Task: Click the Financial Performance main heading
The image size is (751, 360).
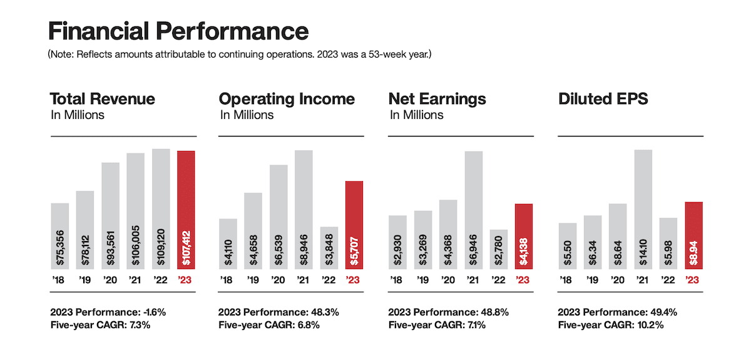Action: coord(178,31)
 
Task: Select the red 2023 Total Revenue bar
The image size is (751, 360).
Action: coord(186,210)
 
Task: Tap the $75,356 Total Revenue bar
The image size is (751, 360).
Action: coord(59,236)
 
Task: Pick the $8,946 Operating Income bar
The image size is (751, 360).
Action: coord(304,210)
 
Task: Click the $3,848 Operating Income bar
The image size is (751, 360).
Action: coord(329,248)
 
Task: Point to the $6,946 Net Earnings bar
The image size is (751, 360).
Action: coord(474,210)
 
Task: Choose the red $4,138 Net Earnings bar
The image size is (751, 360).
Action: coord(524,237)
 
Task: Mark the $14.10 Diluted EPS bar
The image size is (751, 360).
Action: coord(643,210)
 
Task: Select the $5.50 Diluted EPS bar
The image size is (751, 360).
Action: coord(567,246)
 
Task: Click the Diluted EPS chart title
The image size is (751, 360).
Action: coord(603,99)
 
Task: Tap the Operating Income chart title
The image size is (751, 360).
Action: coord(287,99)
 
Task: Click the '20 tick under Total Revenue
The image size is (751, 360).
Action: coord(111,280)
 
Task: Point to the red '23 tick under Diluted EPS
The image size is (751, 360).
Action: coord(694,280)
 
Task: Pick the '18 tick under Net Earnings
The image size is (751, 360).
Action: coord(397,280)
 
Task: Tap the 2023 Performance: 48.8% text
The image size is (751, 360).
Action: coord(448,312)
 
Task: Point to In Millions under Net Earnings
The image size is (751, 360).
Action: coord(416,115)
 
